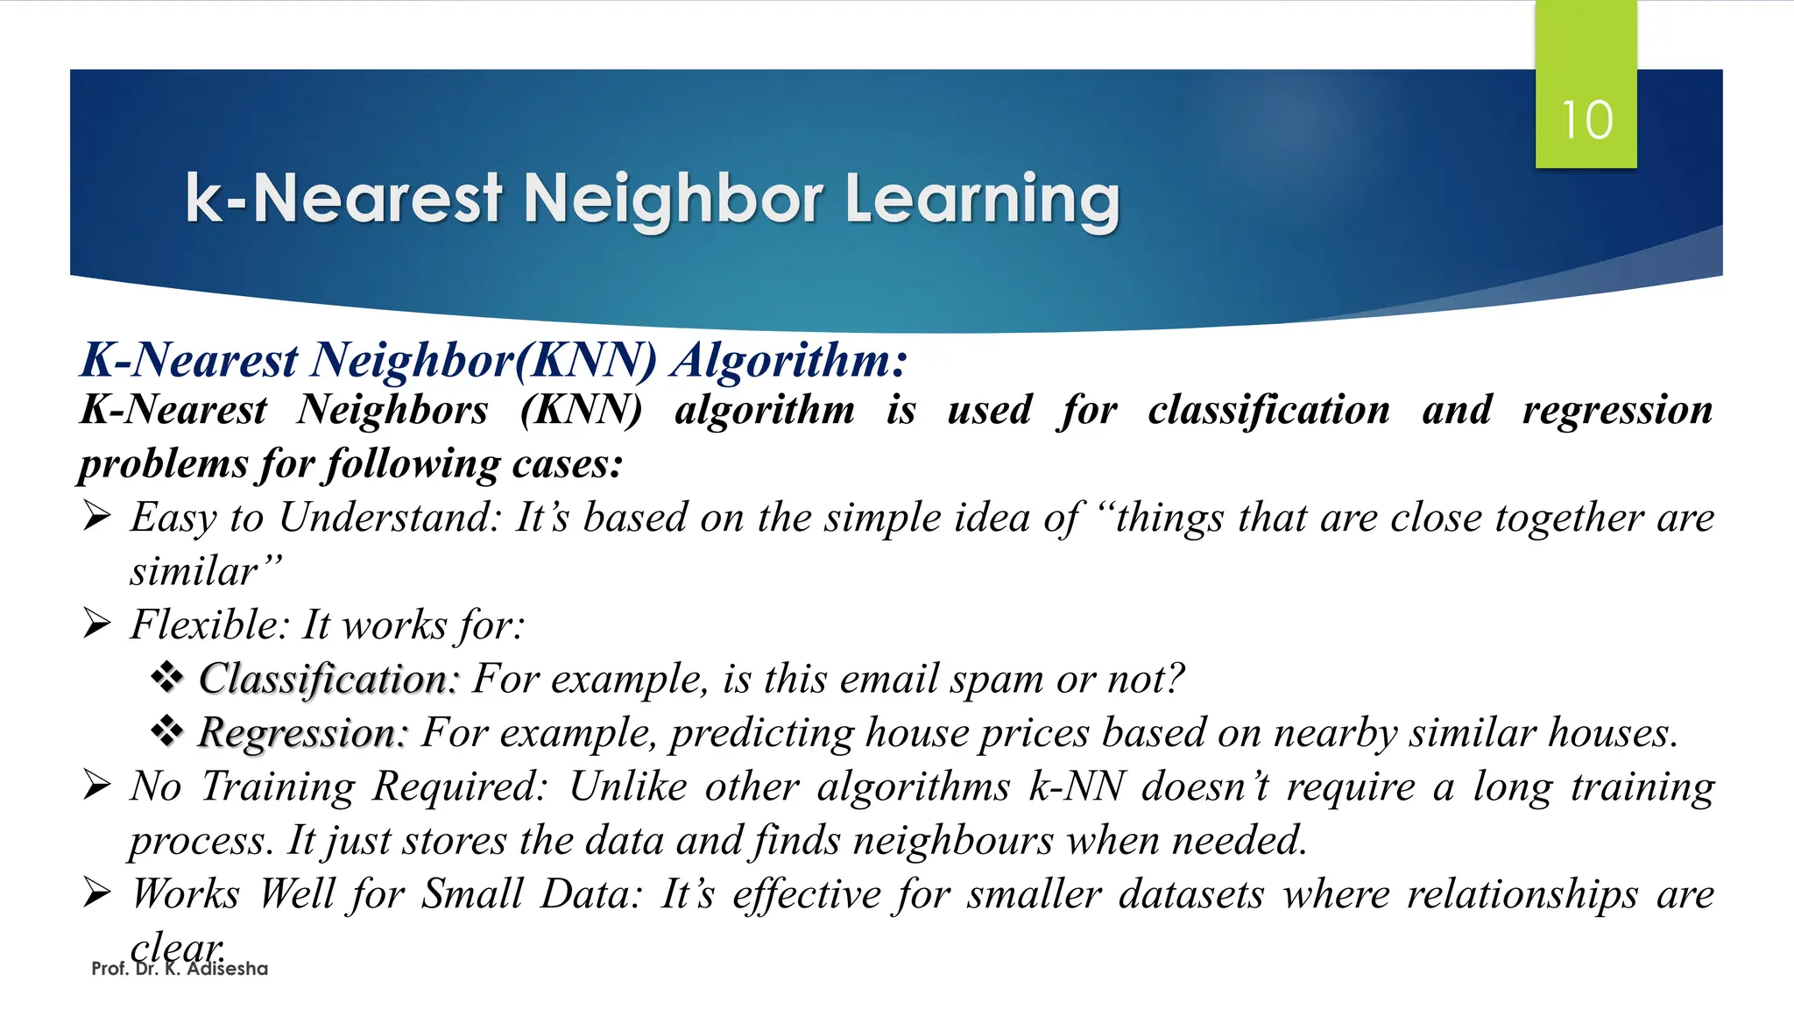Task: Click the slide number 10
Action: point(1586,120)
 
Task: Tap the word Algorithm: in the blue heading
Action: point(789,360)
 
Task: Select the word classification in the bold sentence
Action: point(1268,410)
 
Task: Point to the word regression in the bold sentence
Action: point(1617,410)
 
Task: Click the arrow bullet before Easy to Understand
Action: point(96,517)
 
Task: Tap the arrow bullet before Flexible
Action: point(96,624)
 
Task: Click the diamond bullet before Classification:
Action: point(166,677)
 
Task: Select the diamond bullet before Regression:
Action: point(166,731)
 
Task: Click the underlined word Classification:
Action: point(328,679)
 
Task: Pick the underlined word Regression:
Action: point(303,733)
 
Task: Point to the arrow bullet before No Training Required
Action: point(96,786)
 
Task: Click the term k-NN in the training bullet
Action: point(1077,787)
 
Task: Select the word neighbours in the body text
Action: point(953,841)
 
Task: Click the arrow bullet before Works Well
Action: point(96,893)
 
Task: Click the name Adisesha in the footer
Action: point(227,969)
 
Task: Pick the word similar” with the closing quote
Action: point(207,571)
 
